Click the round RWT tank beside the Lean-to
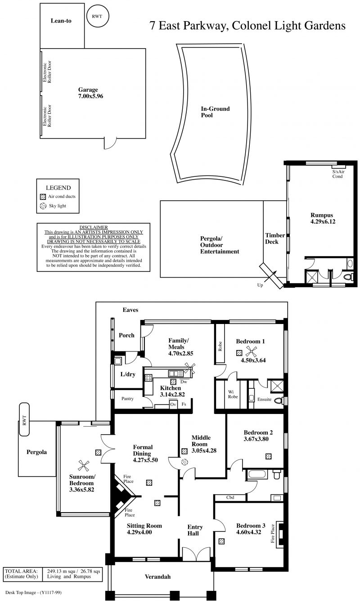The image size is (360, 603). pos(97,16)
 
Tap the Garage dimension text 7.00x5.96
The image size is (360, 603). pos(90,96)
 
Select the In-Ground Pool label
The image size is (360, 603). pos(215,112)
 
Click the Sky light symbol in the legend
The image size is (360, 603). pos(43,206)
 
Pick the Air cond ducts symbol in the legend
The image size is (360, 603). pos(43,197)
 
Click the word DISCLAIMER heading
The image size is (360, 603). pos(94,227)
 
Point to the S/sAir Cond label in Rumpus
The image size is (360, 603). pos(338,174)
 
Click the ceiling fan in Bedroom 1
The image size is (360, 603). pos(251,351)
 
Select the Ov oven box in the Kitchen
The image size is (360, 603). pos(173,405)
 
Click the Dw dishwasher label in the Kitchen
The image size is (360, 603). pos(183,382)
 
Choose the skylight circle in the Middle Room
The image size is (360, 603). pos(184,462)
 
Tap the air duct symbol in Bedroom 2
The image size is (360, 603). pos(268,456)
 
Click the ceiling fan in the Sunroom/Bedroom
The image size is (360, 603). pos(84,466)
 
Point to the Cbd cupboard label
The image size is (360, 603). pos(230,498)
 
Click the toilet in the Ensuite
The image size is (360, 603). pos(279,400)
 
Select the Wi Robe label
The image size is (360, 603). pos(233,394)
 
